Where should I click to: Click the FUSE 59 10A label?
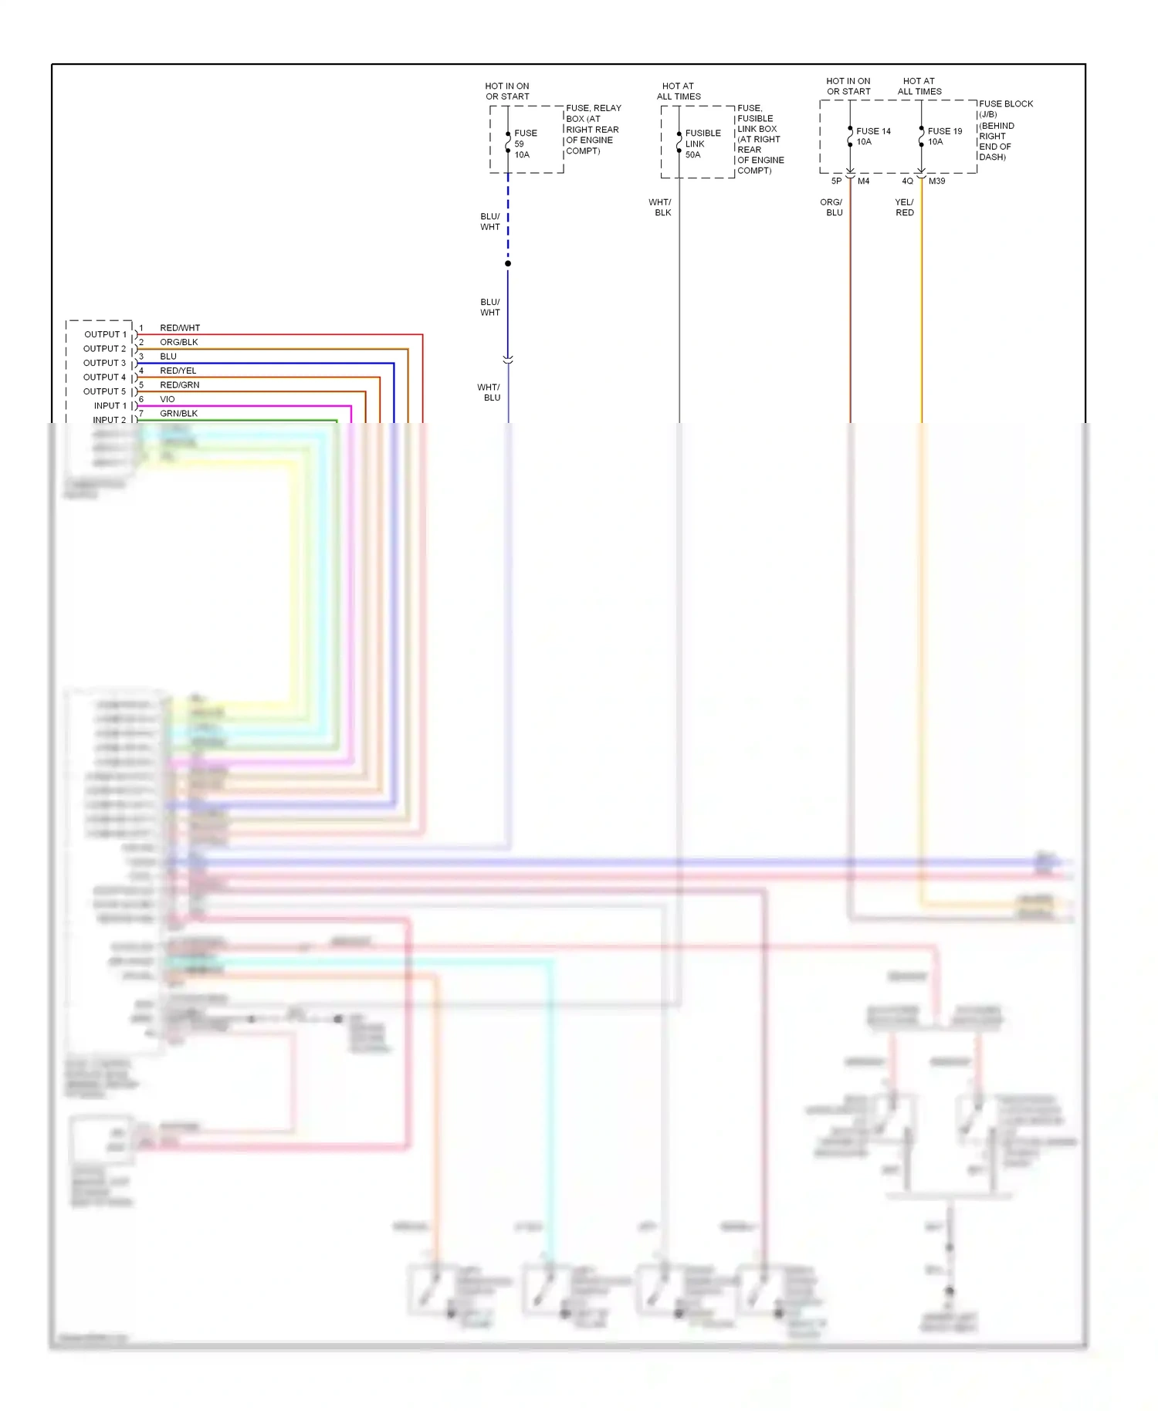coord(525,144)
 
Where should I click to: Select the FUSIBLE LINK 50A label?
coord(702,144)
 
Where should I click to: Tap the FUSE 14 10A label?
coord(872,137)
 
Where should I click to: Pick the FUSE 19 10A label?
coord(944,137)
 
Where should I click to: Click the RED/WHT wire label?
coord(179,328)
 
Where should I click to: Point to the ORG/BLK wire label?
coord(178,342)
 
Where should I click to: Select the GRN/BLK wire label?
coord(178,414)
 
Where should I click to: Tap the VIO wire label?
coord(167,399)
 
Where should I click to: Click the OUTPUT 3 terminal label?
coord(104,363)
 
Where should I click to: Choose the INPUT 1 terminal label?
coord(110,406)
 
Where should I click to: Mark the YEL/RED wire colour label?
coord(904,207)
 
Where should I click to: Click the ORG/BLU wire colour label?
coord(831,207)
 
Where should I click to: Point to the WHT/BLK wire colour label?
coord(660,207)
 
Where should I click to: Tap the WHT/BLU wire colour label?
coord(489,392)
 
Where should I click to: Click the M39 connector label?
coord(936,181)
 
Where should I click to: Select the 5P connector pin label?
coord(836,181)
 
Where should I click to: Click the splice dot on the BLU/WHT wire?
coord(508,264)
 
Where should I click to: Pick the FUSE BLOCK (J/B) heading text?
coord(1005,109)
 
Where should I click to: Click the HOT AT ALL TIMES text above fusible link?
coord(679,91)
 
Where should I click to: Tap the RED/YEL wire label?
coord(178,371)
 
